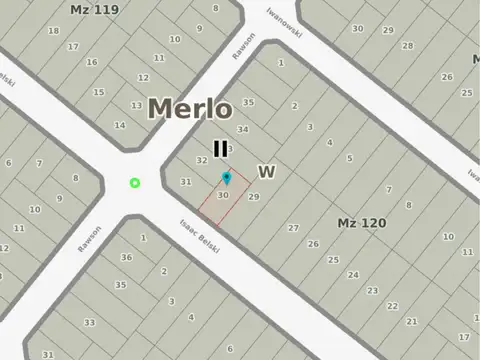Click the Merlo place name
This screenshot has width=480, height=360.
tap(191, 109)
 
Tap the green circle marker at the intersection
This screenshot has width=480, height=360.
tap(135, 182)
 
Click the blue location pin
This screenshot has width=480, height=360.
tap(226, 178)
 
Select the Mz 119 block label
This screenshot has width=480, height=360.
tap(94, 9)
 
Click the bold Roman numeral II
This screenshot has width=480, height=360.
tap(220, 150)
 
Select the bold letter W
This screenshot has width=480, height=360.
tap(266, 172)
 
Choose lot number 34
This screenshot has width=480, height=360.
tap(242, 129)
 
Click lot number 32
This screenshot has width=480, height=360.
tap(201, 160)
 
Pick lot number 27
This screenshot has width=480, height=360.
tap(293, 228)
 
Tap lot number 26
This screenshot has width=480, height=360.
tap(313, 244)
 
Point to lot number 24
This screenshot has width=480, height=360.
tap(352, 274)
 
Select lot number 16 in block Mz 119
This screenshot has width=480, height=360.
tap(91, 63)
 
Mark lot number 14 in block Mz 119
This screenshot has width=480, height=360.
tap(120, 125)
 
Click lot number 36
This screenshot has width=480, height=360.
tap(126, 257)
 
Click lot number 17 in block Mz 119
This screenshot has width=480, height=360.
tap(73, 47)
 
